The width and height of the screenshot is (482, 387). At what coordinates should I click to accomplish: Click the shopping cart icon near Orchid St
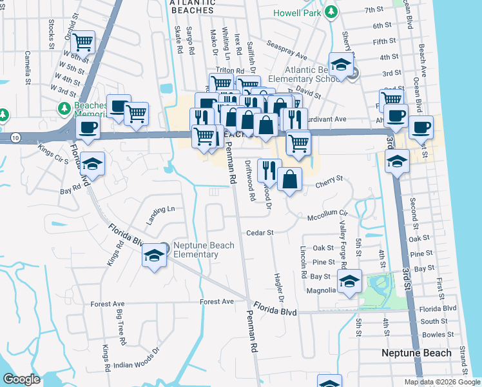coord(83,43)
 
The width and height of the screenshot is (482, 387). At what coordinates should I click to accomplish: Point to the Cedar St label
coord(260,232)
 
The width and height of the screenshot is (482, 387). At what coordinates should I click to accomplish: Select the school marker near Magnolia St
coord(349,282)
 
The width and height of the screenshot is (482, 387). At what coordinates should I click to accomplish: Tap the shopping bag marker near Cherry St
coord(291,179)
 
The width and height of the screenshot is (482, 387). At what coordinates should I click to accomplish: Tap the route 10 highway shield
coord(14,137)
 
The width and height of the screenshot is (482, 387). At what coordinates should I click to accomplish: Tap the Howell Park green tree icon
coord(331,12)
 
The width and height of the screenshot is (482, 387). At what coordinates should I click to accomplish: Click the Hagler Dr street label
coord(280,288)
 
